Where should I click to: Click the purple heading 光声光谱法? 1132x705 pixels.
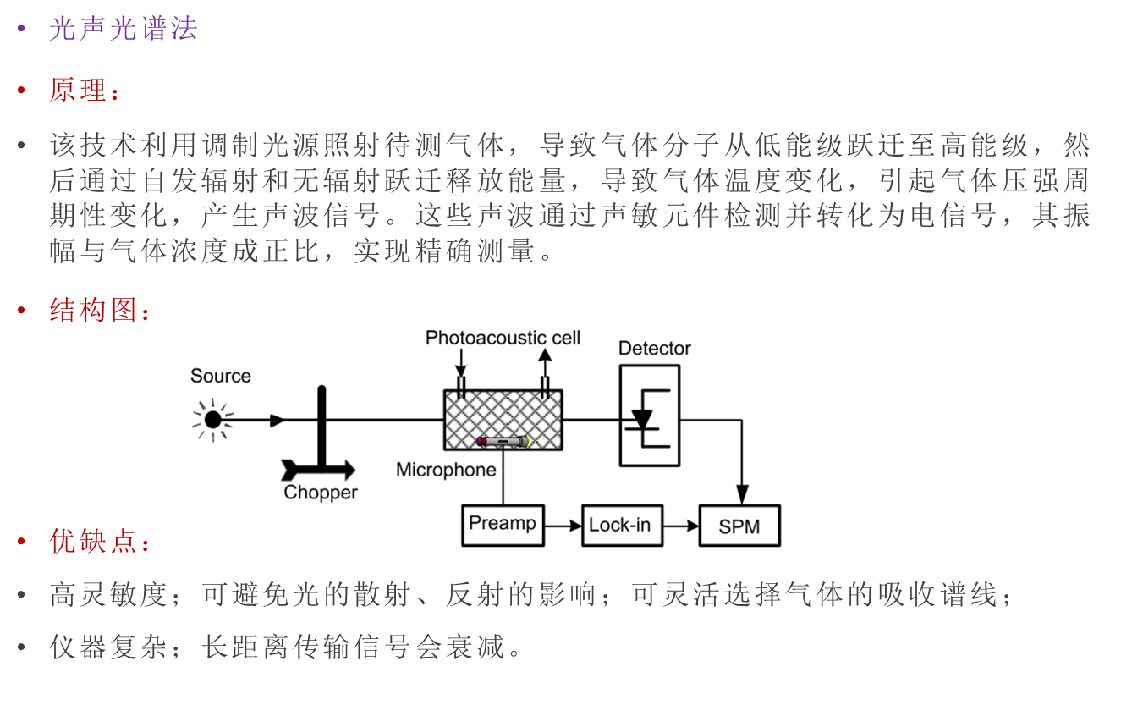[x=123, y=29]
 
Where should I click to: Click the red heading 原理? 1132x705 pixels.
[x=78, y=90]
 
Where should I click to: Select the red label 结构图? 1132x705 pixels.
[x=93, y=311]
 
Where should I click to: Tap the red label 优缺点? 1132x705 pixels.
[x=93, y=542]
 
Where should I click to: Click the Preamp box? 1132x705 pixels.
[x=503, y=525]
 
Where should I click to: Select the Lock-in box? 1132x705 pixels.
[x=622, y=526]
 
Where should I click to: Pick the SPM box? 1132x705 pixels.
[x=739, y=526]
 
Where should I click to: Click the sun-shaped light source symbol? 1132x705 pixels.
[x=212, y=419]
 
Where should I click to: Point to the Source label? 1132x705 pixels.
[x=220, y=376]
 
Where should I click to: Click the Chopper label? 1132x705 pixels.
[x=321, y=493]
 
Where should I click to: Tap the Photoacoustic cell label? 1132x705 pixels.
[x=503, y=338]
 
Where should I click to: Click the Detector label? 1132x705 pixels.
[x=654, y=348]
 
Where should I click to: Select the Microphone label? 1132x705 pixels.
[x=446, y=470]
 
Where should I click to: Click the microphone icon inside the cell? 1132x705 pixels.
[x=503, y=441]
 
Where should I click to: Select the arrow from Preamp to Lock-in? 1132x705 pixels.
[x=563, y=526]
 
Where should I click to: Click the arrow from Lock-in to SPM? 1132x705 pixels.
[x=681, y=526]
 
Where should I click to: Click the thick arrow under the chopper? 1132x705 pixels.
[x=319, y=471]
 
